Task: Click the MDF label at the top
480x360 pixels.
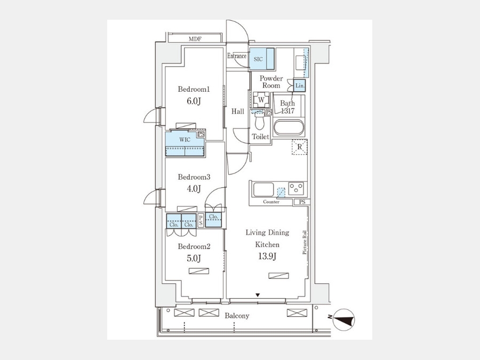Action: [195, 39]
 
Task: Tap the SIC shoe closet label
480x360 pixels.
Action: [258, 59]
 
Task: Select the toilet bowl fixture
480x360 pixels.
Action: [260, 121]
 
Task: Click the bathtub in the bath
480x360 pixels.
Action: [289, 127]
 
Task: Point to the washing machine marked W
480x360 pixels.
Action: [261, 100]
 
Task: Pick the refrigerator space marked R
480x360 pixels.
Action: [299, 147]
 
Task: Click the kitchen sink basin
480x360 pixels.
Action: [263, 190]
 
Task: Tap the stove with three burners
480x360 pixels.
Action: [296, 189]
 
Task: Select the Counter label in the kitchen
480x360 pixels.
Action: [271, 202]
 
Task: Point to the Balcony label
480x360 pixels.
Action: [237, 316]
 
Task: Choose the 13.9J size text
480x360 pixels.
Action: [267, 256]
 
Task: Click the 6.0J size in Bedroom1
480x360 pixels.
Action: [194, 101]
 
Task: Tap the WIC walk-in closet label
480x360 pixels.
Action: [185, 140]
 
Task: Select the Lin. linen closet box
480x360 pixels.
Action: [300, 86]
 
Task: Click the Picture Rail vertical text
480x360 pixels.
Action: [305, 243]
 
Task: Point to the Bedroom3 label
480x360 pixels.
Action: [194, 177]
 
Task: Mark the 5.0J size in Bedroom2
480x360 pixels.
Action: [194, 258]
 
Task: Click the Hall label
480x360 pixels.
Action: [237, 111]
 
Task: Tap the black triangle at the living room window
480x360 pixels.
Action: [258, 295]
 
